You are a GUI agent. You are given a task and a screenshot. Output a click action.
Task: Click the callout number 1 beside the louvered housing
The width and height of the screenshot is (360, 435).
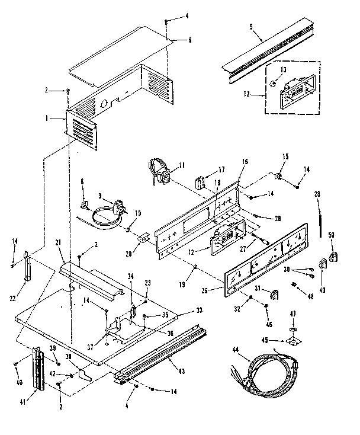click(61, 119)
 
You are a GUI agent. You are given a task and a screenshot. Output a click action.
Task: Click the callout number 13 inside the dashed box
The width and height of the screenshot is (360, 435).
click(282, 70)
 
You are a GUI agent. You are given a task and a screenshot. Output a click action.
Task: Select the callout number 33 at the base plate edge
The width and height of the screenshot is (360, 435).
click(200, 310)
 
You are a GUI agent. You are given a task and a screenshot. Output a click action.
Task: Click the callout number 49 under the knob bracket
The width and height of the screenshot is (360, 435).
click(322, 290)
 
